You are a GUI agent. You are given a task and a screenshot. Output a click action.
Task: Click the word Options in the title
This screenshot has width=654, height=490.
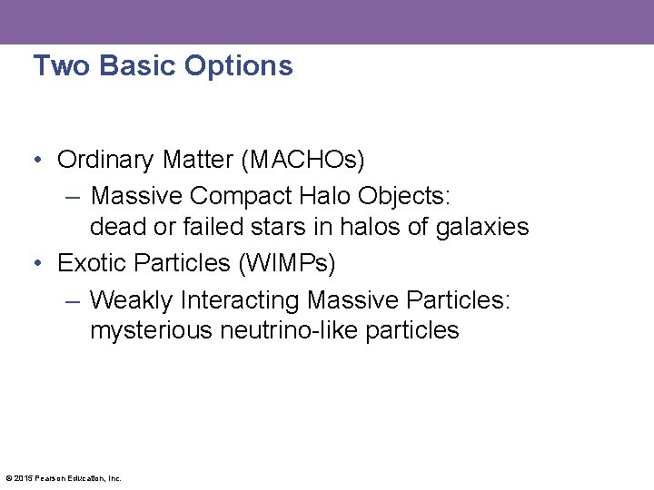238,66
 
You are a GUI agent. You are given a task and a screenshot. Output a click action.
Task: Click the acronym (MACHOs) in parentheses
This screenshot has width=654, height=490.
302,161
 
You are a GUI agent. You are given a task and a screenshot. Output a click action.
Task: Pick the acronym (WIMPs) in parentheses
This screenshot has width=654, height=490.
288,264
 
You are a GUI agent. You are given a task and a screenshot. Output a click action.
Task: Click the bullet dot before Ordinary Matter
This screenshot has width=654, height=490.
37,161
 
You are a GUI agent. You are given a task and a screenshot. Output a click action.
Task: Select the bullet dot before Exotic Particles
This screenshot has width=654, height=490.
37,264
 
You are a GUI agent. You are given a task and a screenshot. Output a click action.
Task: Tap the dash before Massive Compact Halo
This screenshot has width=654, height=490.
73,197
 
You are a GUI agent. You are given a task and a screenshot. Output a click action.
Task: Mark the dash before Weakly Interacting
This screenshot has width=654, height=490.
73,300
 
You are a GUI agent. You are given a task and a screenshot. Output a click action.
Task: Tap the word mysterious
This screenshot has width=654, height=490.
152,331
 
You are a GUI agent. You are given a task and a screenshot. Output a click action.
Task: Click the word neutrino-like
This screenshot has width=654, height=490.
290,331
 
